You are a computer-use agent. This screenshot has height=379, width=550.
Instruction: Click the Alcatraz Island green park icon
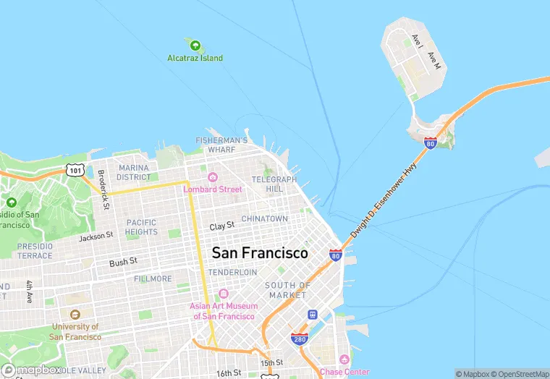(195, 46)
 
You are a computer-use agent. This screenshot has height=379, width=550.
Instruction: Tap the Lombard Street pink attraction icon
(213, 177)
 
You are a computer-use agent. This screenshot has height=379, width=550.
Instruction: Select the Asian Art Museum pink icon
(223, 294)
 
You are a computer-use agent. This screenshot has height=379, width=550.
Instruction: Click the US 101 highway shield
(75, 169)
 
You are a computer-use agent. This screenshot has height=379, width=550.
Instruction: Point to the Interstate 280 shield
(298, 338)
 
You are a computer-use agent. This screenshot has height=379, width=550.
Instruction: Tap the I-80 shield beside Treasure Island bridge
(431, 142)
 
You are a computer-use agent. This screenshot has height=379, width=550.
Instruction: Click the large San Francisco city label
(259, 253)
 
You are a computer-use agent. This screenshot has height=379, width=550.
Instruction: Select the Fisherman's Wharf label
(222, 145)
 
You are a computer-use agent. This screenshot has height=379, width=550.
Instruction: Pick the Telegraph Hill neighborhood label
(274, 184)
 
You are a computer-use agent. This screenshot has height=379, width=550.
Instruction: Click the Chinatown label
(264, 218)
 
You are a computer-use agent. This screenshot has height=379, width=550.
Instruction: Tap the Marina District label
(134, 172)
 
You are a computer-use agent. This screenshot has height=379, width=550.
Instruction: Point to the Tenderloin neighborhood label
(232, 272)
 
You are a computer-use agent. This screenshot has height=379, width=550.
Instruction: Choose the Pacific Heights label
(141, 227)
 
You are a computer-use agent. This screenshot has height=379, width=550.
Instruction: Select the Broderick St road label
(103, 189)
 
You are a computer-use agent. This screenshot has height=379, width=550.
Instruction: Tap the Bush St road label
(122, 263)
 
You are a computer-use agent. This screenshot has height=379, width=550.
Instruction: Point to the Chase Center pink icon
(344, 359)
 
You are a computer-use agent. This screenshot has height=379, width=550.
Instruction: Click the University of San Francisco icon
(75, 315)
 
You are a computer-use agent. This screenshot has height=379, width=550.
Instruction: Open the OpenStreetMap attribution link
(518, 374)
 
